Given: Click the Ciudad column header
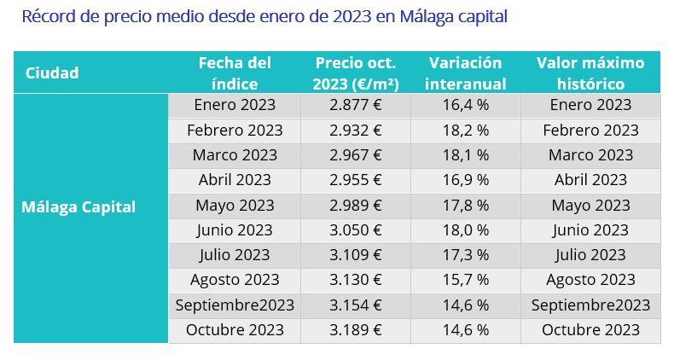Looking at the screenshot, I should pyautogui.click(x=52, y=73).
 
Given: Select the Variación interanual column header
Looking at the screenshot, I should pyautogui.click(x=465, y=73).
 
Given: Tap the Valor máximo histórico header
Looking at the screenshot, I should pyautogui.click(x=590, y=73).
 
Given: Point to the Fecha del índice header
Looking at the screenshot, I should pyautogui.click(x=235, y=73).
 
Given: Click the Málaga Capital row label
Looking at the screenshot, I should pyautogui.click(x=78, y=206).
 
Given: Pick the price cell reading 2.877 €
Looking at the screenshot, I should pyautogui.click(x=355, y=105).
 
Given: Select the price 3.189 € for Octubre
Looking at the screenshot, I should pyautogui.click(x=355, y=330).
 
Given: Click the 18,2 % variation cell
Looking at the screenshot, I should pyautogui.click(x=465, y=131).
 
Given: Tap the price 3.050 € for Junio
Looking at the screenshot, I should pyautogui.click(x=355, y=230).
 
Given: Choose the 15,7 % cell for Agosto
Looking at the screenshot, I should pyautogui.click(x=465, y=280).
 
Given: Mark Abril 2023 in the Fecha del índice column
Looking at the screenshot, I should pyautogui.click(x=235, y=180).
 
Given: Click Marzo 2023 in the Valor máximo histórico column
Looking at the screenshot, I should pyautogui.click(x=590, y=155).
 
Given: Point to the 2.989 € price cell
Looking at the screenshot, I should pyautogui.click(x=355, y=206).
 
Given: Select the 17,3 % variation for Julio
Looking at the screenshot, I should pyautogui.click(x=465, y=255).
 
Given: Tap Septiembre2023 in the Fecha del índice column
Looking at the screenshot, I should pyautogui.click(x=235, y=305).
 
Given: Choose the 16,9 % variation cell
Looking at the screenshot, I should pyautogui.click(x=465, y=180).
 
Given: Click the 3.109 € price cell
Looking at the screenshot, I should pyautogui.click(x=355, y=255).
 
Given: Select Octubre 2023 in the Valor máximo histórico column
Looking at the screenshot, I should pyautogui.click(x=590, y=330).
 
